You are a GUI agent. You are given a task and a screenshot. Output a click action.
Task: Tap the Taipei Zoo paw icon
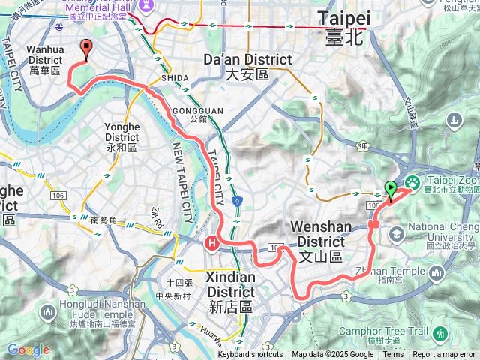(x=412, y=182)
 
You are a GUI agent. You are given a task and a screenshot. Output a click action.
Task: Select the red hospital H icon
(x=212, y=242)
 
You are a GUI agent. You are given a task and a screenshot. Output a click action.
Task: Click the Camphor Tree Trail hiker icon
(x=439, y=334)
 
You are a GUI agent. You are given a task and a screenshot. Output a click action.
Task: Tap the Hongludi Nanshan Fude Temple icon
(x=48, y=311)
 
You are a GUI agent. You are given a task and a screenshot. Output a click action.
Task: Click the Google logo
(x=28, y=349)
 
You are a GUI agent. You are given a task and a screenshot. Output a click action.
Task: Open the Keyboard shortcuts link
(x=250, y=355)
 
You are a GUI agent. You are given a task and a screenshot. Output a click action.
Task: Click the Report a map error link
(x=444, y=355)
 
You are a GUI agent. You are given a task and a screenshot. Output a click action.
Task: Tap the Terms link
(x=393, y=355)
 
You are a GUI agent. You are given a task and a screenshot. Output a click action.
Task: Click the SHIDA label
(x=174, y=78)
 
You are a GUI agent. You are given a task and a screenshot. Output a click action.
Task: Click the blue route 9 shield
(x=237, y=201)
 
